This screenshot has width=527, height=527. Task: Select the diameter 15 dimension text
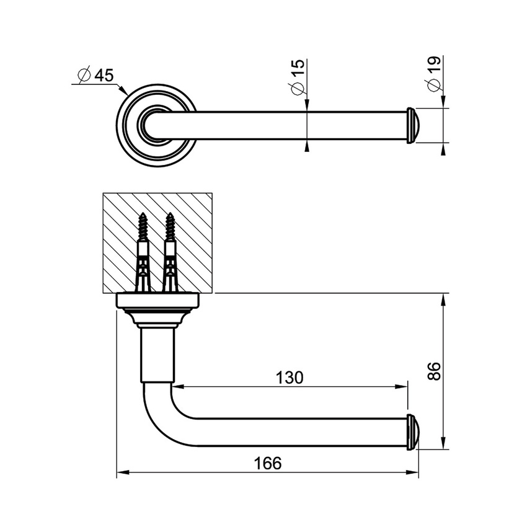pos(298,78)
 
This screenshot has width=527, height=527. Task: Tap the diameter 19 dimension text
pos(433,74)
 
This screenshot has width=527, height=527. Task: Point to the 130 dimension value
pos(290,377)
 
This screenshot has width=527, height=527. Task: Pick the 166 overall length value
pos(268,463)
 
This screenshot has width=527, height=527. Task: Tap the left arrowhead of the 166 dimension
pos(122,474)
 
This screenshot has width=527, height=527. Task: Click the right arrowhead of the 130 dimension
pos(404,386)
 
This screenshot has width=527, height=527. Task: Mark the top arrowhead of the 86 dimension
pos(443,299)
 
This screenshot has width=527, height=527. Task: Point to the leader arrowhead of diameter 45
pos(124,89)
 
